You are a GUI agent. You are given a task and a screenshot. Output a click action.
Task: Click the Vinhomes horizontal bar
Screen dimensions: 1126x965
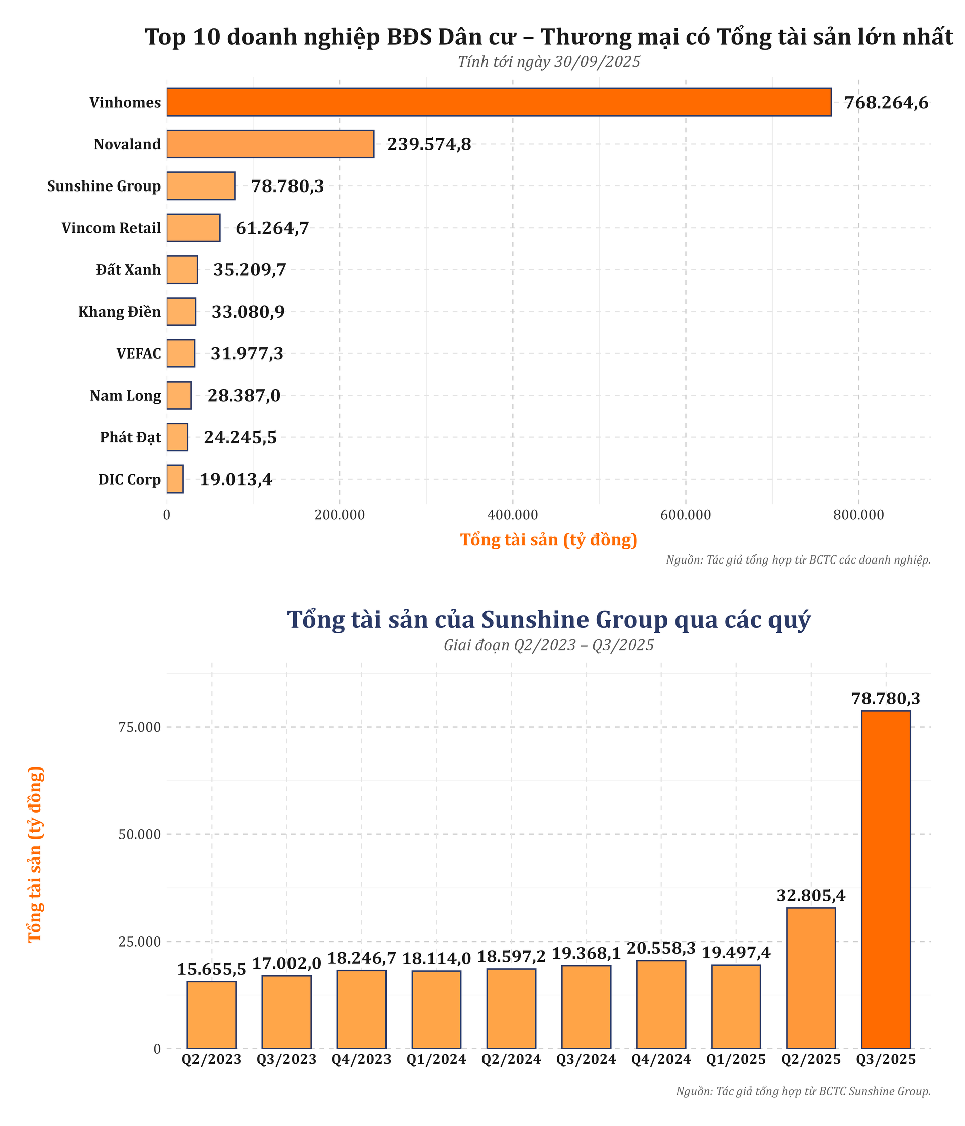[x=498, y=102]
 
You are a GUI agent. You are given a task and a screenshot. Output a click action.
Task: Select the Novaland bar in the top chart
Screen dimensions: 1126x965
[x=270, y=144]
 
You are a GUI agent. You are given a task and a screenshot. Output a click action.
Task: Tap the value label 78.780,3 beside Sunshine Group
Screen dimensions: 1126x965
[x=287, y=186]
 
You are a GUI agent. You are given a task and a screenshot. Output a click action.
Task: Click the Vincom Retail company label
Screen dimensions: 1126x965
[x=111, y=228]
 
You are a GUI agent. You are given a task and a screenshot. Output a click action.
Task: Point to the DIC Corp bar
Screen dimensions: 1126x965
[x=175, y=479]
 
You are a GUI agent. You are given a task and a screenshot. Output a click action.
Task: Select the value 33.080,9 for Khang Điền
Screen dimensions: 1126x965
[x=248, y=312]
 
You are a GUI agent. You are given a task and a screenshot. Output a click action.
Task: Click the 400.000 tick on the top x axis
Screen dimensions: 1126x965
[x=512, y=514]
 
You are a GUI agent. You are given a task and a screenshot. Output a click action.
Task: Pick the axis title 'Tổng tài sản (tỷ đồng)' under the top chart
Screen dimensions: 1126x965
[x=548, y=540]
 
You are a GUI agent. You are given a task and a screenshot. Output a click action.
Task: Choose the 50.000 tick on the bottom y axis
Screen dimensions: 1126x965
[x=139, y=834]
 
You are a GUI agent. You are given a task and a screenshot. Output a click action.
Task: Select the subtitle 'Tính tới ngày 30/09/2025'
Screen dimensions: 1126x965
[x=548, y=62]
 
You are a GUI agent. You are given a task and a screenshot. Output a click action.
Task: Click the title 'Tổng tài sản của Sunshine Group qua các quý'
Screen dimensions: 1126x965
[x=548, y=620]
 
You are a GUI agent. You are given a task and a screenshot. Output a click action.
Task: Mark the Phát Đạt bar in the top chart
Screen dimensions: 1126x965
[x=177, y=437]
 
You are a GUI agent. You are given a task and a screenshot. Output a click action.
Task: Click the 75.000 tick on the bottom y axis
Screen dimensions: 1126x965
[x=139, y=727]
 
